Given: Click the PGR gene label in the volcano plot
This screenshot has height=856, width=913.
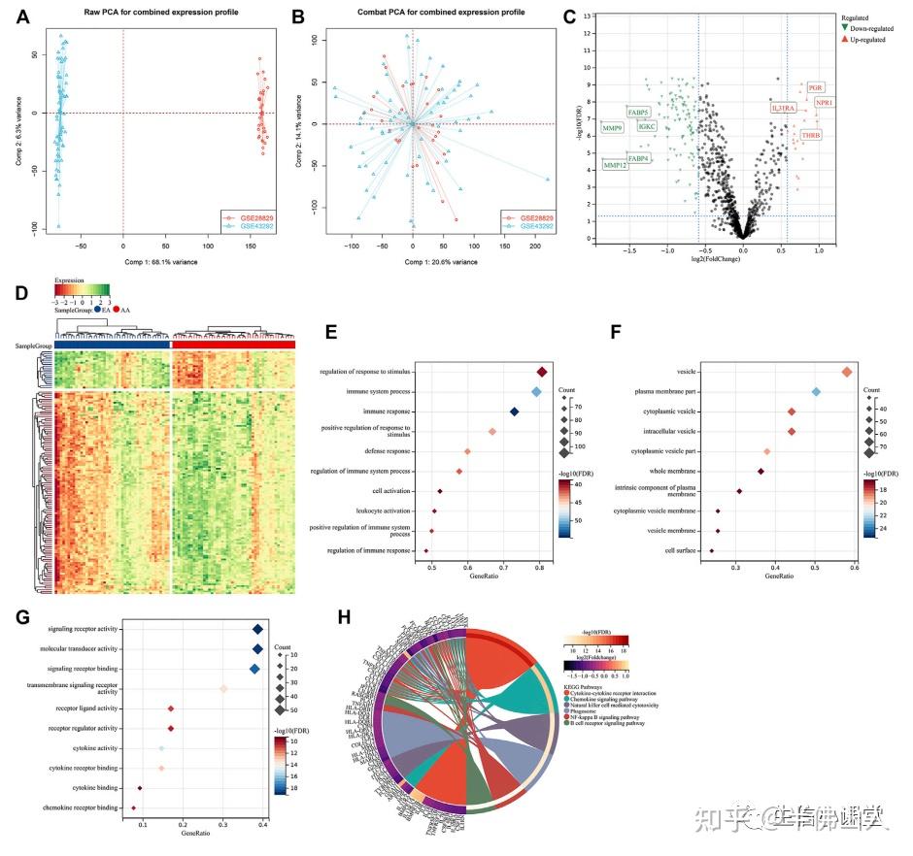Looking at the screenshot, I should tap(814, 88).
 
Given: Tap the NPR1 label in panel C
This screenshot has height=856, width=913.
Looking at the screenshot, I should tap(825, 103).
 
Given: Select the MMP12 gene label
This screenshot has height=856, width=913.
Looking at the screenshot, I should tap(615, 166).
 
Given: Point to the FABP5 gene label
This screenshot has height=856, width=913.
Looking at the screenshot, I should tap(638, 113).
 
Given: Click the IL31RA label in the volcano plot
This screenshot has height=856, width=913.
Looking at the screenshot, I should tap(783, 108).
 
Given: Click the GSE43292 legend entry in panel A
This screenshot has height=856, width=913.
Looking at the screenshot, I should tap(252, 226).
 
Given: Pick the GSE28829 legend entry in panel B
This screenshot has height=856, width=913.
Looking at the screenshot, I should tap(535, 217).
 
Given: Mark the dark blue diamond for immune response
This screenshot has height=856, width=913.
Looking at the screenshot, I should tap(515, 412).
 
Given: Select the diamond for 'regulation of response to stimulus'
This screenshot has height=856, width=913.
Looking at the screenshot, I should tap(542, 372).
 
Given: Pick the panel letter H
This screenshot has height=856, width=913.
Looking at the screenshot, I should tap(341, 618).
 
